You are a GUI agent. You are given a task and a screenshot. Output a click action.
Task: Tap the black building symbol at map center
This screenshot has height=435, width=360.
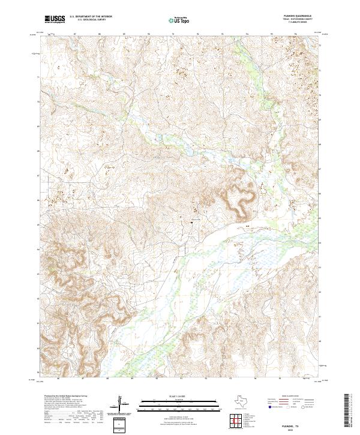[192, 221]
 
